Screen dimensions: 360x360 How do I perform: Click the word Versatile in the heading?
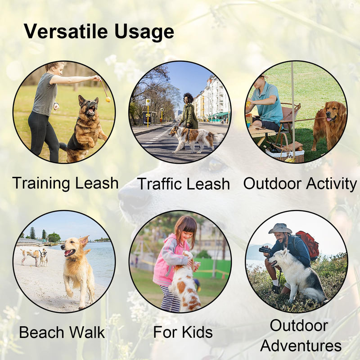(65, 32)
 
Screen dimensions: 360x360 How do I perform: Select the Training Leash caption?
(65, 183)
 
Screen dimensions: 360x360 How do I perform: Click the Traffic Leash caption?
(183, 184)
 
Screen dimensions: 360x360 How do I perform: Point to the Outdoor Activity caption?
(300, 184)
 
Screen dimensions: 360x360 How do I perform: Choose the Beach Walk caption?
(62, 333)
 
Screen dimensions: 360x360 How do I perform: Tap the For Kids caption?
(183, 332)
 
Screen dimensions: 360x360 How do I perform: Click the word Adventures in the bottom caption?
(301, 346)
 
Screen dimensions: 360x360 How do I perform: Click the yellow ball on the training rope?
(108, 99)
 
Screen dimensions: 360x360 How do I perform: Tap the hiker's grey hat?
(280, 229)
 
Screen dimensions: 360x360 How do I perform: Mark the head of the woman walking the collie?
(188, 98)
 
